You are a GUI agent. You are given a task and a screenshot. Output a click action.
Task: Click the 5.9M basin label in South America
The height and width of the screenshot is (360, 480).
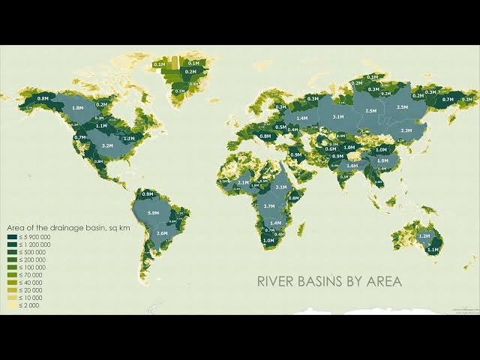(154, 214)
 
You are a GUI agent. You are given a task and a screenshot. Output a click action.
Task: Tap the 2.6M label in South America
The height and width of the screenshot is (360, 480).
(162, 233)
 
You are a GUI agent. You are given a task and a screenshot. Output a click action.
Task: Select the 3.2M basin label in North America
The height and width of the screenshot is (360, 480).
(107, 145)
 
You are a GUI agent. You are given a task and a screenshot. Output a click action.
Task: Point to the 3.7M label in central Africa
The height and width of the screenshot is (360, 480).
(269, 205)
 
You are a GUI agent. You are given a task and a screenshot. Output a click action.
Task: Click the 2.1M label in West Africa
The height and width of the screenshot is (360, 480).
(243, 182)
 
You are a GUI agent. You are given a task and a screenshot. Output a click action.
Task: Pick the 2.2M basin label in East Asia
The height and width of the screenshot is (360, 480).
(406, 130)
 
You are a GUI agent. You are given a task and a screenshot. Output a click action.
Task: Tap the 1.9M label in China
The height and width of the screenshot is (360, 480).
(382, 160)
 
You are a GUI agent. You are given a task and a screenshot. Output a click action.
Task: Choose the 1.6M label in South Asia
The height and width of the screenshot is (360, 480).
(352, 165)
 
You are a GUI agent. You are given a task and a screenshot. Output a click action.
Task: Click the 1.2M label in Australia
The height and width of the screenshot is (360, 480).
(424, 236)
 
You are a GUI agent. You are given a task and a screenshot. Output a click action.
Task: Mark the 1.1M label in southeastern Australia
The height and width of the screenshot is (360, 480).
(432, 249)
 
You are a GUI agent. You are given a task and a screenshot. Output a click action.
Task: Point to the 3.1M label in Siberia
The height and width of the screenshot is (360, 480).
(338, 117)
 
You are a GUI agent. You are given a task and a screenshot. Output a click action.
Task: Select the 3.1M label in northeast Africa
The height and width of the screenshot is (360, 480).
(281, 187)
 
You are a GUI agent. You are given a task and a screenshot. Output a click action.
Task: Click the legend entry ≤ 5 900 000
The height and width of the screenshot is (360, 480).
(29, 238)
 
